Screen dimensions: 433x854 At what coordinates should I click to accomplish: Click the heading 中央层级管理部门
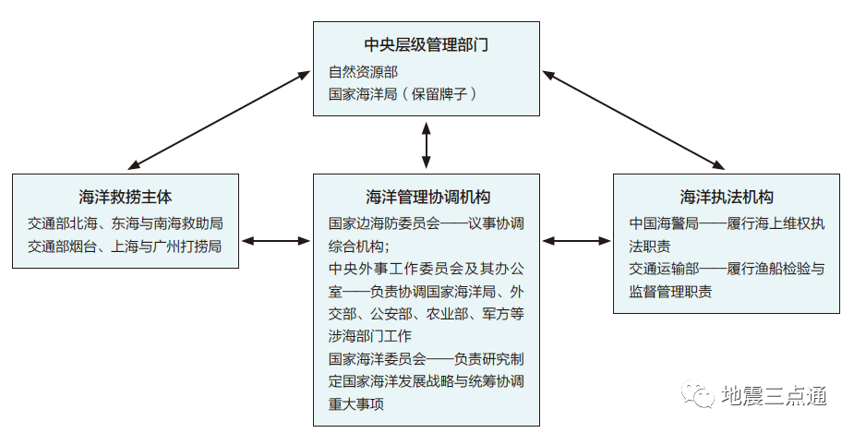(426, 45)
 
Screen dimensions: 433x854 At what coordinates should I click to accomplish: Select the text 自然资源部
(364, 70)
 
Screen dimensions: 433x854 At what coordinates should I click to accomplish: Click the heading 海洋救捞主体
(126, 197)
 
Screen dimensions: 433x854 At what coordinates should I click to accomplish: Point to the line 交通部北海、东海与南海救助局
(126, 223)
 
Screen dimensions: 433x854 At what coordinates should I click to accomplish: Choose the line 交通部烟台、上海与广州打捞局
(125, 247)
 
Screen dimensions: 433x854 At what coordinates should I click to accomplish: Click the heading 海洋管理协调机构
(427, 197)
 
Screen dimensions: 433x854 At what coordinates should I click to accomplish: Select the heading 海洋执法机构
(727, 197)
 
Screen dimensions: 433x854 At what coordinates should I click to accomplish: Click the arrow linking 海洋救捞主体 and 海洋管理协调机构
(275, 241)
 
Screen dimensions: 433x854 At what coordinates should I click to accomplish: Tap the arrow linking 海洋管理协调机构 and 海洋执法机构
(576, 241)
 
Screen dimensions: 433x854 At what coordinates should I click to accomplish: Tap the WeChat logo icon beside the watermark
(699, 396)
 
